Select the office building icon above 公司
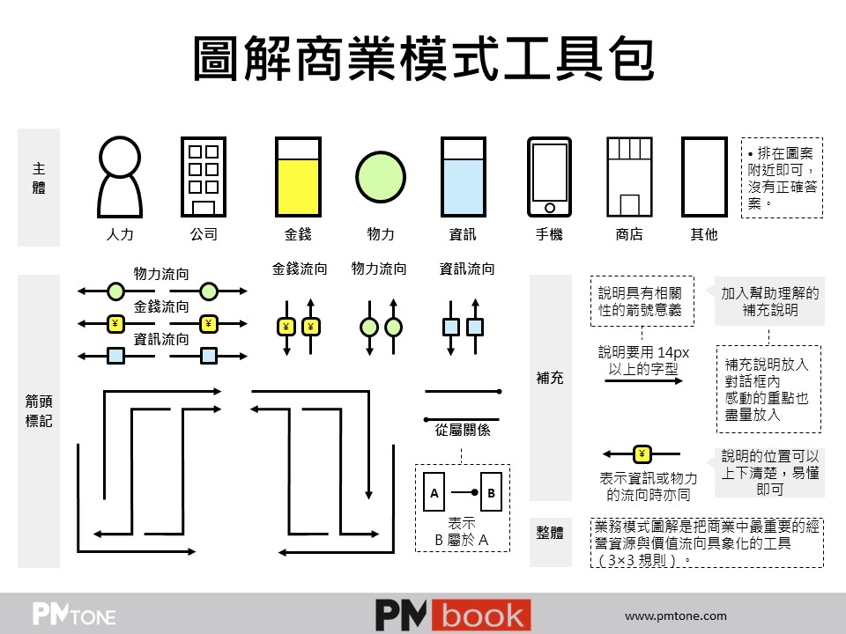point(204,176)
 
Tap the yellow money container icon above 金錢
point(297,176)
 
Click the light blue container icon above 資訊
point(463,176)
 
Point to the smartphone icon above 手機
point(549,176)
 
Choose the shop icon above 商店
point(628,176)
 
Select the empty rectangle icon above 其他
point(703,176)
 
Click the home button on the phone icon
point(549,208)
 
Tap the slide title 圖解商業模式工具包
point(423,60)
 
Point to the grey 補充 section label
point(550,378)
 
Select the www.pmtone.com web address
point(676,616)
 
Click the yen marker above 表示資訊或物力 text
point(642,454)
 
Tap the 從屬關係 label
point(463,431)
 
